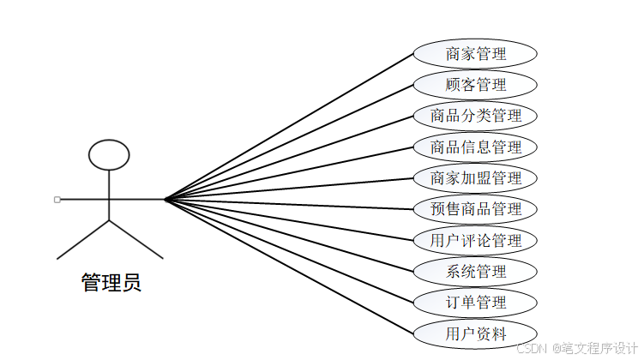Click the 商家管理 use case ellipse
point(475,53)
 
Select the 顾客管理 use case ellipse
point(475,84)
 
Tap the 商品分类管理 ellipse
point(475,116)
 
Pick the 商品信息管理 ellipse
point(475,147)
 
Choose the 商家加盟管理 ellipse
point(475,178)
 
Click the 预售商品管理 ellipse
point(475,209)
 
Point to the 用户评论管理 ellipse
point(475,240)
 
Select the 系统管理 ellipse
point(475,272)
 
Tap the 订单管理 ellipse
point(475,303)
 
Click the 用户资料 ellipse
point(475,333)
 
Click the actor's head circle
point(110,154)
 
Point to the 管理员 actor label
point(111,282)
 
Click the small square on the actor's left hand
point(57,200)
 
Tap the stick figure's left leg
point(84,239)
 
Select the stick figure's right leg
point(135,239)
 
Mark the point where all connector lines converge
point(165,200)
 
